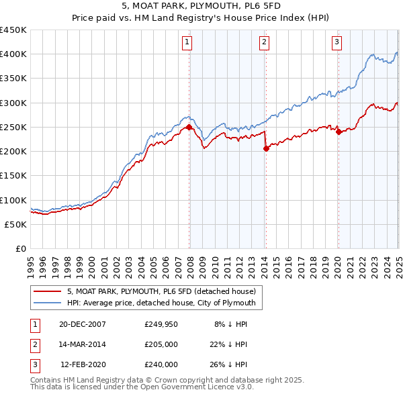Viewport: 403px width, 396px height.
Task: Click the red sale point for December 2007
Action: [189, 127]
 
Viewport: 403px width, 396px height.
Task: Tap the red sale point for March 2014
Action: [266, 148]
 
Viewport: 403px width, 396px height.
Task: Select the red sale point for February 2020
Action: [339, 132]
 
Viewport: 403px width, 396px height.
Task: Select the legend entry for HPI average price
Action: [160, 303]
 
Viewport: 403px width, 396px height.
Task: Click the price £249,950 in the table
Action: [161, 324]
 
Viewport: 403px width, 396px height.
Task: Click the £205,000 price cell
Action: [161, 344]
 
